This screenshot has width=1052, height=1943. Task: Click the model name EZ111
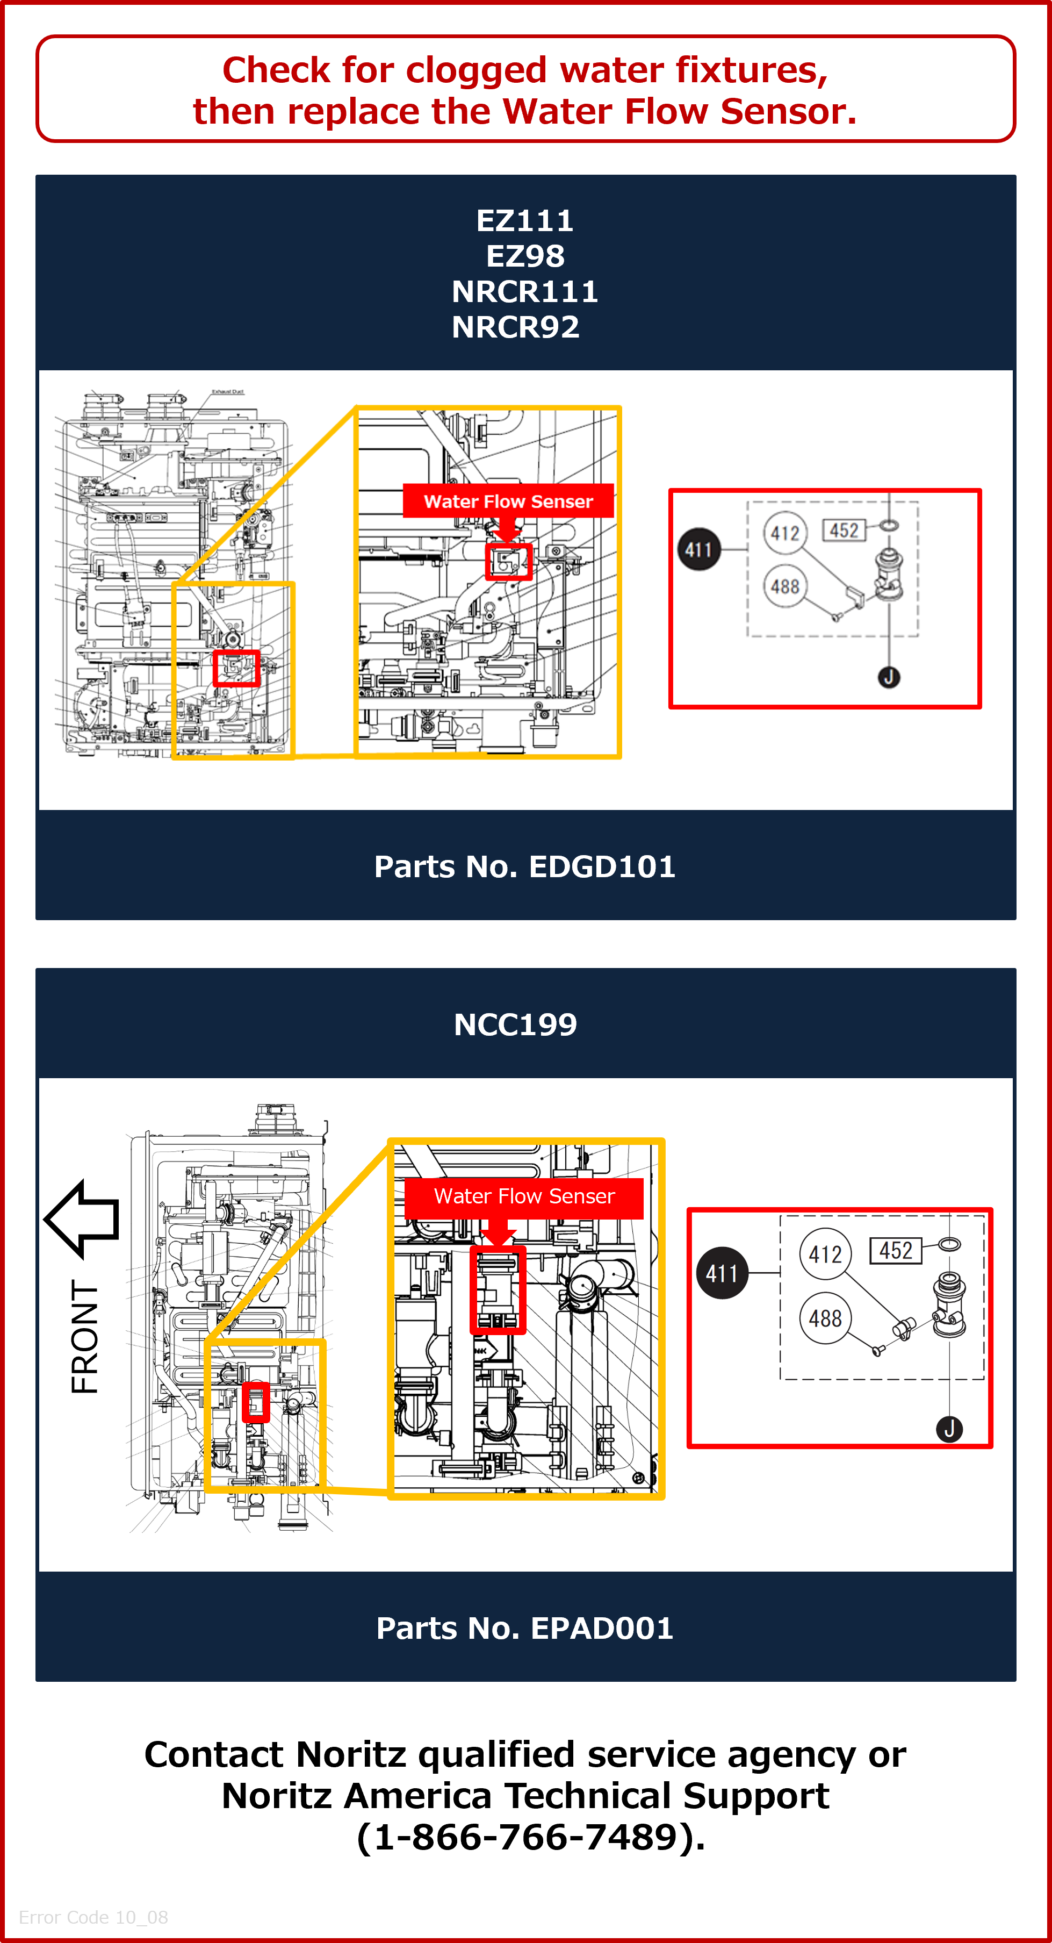coord(525,221)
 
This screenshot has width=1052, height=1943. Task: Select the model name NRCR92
coord(516,327)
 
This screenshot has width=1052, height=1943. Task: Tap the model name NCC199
coord(516,1024)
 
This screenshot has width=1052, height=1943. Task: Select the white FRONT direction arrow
coord(82,1218)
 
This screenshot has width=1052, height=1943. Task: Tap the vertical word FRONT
coord(84,1337)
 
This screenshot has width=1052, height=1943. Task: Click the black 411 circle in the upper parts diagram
coord(699,549)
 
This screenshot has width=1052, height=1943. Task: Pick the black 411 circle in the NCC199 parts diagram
coord(722,1273)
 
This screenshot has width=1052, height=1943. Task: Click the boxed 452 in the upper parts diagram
coord(844,530)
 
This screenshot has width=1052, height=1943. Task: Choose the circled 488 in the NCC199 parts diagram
coord(825,1318)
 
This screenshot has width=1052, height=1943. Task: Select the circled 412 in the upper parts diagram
coord(785,533)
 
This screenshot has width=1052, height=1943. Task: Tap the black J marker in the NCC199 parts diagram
coord(949,1429)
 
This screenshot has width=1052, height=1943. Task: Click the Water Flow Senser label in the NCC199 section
coord(524,1196)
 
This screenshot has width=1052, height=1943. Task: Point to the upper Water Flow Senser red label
coord(508,501)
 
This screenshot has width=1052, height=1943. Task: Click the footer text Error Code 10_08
coord(93,1917)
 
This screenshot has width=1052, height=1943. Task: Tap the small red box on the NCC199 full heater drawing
coord(256,1402)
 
